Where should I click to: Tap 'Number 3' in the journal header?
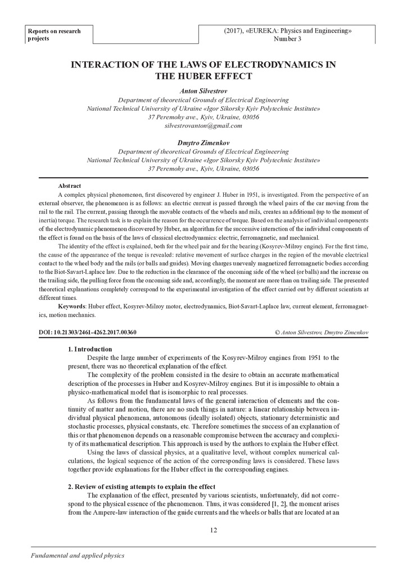coord(287,39)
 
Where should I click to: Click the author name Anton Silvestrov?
coord(203,90)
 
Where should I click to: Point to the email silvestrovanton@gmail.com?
coord(203,126)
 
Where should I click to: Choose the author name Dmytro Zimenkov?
coord(203,143)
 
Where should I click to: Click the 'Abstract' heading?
coord(69,186)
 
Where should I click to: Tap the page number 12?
coord(213,530)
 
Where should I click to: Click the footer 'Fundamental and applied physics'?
coord(72,555)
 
